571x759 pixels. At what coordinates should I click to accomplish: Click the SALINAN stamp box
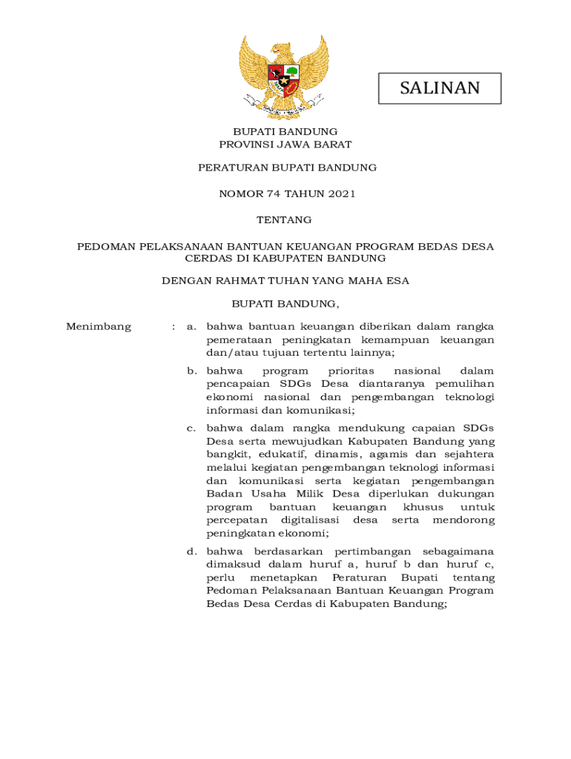click(440, 88)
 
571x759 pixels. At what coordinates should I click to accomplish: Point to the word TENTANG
click(284, 220)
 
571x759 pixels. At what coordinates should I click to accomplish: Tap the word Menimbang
click(98, 327)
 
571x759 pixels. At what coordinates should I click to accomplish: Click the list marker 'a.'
click(191, 327)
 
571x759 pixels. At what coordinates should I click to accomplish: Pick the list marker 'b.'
click(191, 371)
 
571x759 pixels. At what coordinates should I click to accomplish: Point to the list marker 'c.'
click(191, 428)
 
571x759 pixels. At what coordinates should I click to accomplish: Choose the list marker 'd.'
click(191, 551)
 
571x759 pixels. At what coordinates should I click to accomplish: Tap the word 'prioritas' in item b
click(351, 371)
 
